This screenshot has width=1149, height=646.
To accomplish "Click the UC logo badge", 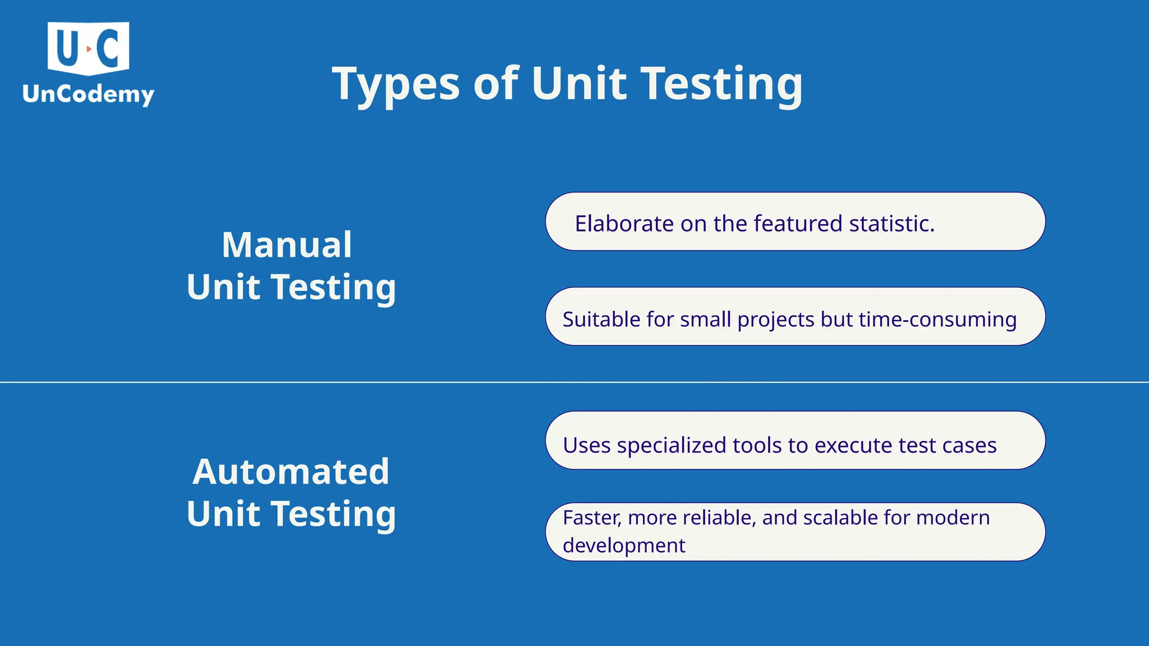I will tap(88, 48).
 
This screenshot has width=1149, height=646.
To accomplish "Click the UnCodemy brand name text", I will tap(88, 94).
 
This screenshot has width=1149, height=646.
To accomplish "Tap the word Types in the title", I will tap(396, 84).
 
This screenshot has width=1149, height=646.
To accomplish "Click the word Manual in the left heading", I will tap(287, 245).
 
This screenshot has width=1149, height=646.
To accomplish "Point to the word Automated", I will tap(291, 472).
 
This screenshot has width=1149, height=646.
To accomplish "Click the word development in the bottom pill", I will tap(624, 546).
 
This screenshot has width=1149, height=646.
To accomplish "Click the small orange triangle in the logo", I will tap(89, 49).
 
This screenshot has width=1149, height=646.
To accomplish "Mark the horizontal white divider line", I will tap(574, 382).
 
